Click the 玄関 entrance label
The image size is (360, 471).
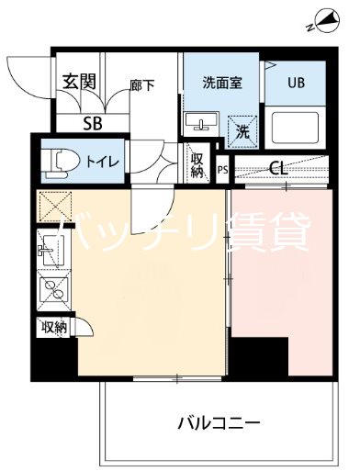point(80,81)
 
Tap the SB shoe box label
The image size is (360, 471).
point(92,122)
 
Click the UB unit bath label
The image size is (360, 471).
point(295,81)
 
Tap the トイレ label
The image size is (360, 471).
point(100,162)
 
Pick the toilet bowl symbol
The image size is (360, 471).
point(59,161)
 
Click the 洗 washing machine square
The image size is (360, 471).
point(242,129)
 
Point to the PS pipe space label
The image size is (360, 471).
point(223,170)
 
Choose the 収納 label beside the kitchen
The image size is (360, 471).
point(52,326)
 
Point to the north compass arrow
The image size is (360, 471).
point(327,17)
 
